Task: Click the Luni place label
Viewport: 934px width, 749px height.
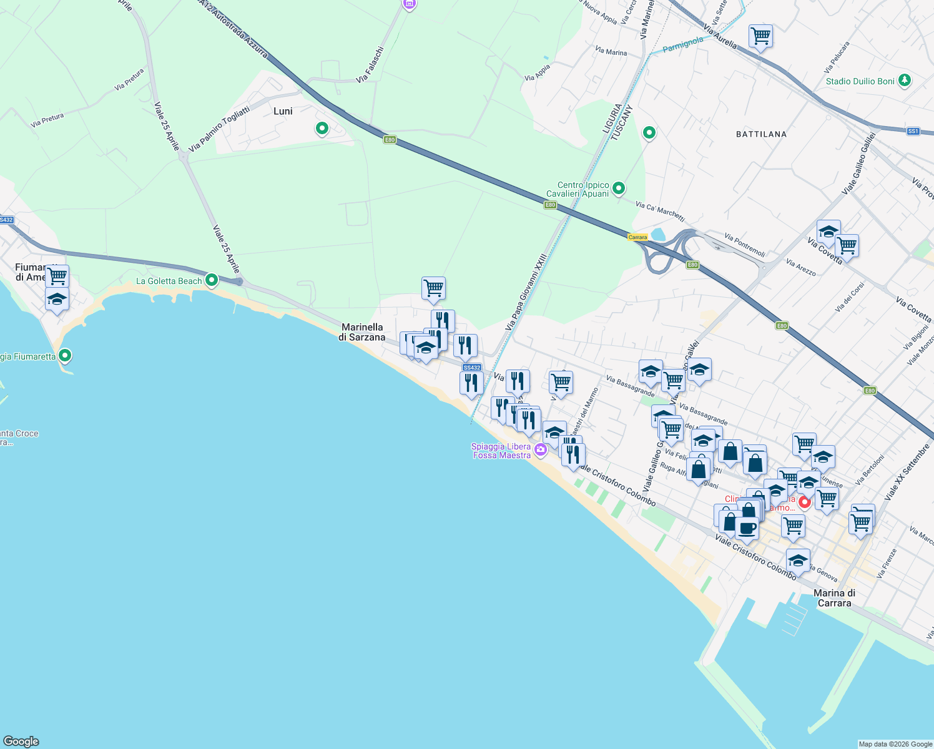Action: tap(283, 111)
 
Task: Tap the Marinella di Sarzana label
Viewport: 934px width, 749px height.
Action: tap(362, 332)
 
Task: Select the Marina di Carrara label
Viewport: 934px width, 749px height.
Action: tap(834, 598)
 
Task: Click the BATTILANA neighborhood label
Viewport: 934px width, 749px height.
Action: tap(761, 134)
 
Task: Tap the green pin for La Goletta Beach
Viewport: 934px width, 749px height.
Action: tap(212, 280)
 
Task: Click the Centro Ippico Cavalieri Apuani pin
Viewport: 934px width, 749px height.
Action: tap(619, 188)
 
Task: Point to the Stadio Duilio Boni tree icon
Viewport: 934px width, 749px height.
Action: tap(904, 81)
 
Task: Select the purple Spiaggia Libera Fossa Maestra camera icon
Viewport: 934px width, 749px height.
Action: tap(541, 449)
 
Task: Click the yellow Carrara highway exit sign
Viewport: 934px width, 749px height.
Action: tap(637, 237)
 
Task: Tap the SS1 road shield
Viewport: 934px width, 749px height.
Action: tap(913, 131)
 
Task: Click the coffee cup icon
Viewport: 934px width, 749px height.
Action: tap(747, 528)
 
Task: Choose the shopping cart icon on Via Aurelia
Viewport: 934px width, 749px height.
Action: tap(760, 36)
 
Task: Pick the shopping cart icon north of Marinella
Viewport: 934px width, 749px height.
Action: tap(433, 288)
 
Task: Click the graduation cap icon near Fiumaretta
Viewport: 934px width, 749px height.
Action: tap(57, 300)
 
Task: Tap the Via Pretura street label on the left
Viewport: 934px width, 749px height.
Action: tap(47, 120)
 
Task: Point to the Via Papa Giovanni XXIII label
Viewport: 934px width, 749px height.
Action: tap(526, 291)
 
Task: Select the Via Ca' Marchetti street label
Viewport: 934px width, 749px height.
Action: tap(660, 212)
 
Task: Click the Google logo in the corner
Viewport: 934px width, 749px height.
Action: tap(21, 742)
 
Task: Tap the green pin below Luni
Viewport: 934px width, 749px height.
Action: tap(322, 129)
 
